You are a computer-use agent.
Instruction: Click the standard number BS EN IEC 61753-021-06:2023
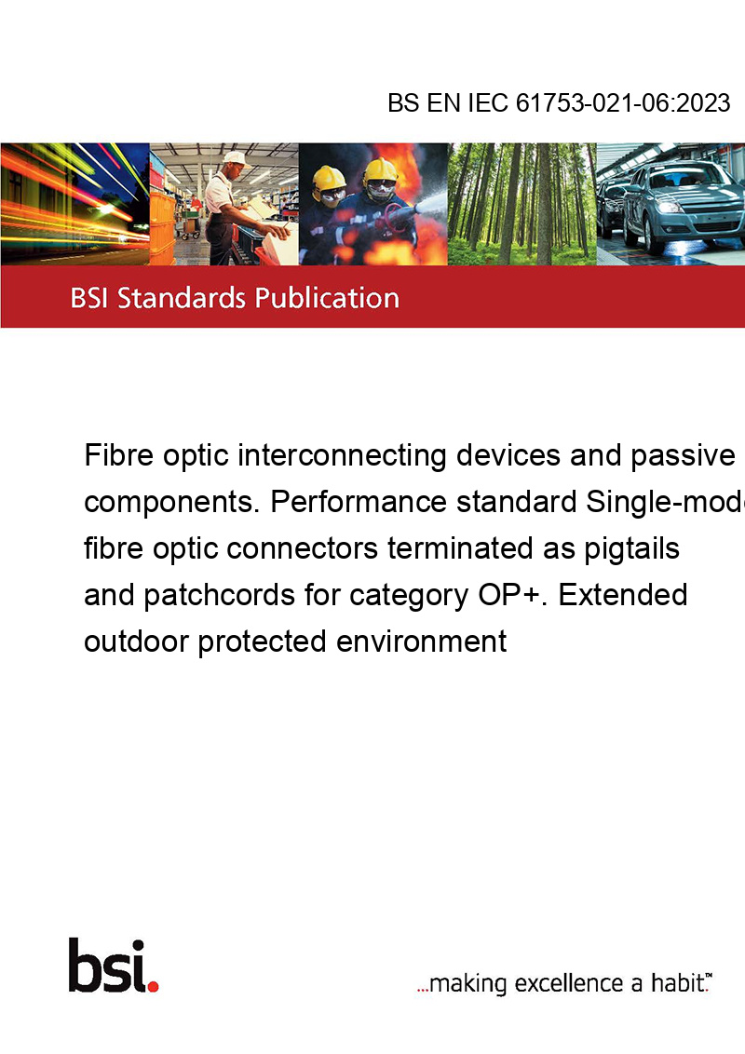[x=559, y=102]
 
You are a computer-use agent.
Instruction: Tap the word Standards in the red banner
[x=182, y=298]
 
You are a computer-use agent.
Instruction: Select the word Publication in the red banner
[x=328, y=299]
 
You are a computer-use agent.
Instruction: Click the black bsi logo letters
[x=107, y=966]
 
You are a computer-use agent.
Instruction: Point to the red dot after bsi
[x=153, y=986]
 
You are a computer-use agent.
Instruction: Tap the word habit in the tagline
[x=677, y=982]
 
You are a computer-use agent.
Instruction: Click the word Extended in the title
[x=623, y=595]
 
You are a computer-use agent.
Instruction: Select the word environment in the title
[x=421, y=642]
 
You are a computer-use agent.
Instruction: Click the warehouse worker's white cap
[x=236, y=158]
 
